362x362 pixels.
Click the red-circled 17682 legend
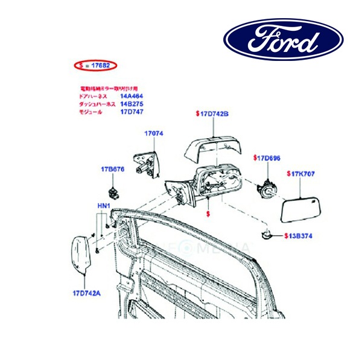point(95,65)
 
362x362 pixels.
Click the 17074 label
point(153,133)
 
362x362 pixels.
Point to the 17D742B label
point(212,113)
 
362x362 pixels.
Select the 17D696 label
point(267,158)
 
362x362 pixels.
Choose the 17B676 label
point(112,170)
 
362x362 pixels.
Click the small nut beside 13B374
point(265,233)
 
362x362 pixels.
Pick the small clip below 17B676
point(113,192)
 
